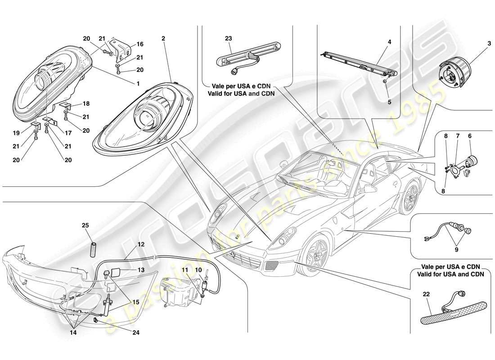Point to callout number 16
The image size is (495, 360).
pyautogui.click(x=140, y=44)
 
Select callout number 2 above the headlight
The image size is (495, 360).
pyautogui.click(x=163, y=39)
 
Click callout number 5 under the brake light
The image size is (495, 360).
pyautogui.click(x=390, y=102)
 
